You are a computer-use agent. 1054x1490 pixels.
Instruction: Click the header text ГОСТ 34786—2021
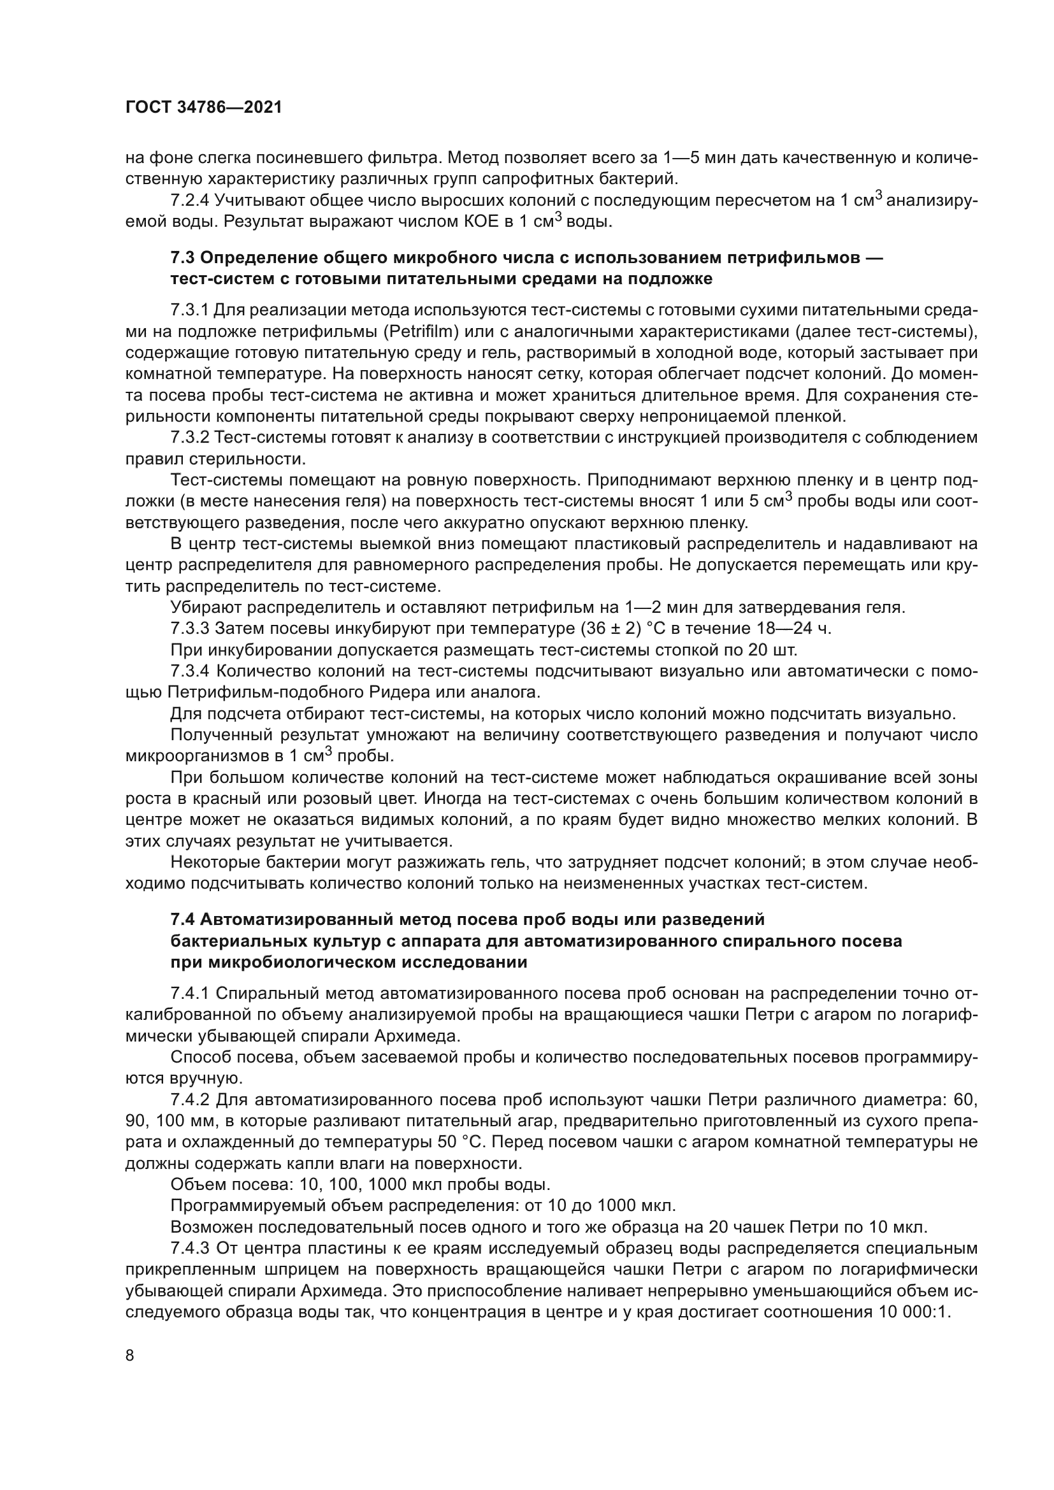coord(204,108)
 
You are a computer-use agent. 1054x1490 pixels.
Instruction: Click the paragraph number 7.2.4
coord(189,201)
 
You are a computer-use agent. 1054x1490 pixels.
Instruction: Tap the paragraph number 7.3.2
coord(189,438)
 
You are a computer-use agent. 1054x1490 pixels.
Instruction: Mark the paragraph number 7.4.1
coord(189,994)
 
